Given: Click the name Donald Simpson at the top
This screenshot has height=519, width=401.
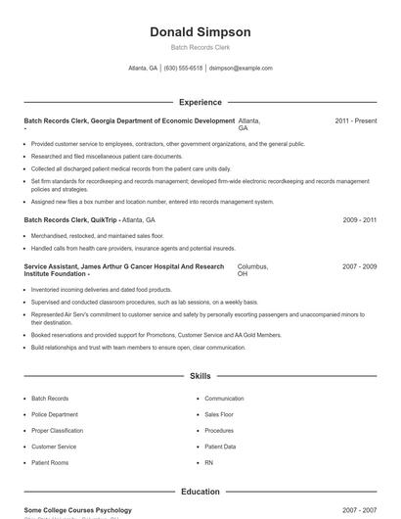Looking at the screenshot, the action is (x=200, y=31).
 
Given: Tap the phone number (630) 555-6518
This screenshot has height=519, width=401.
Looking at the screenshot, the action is (x=183, y=69).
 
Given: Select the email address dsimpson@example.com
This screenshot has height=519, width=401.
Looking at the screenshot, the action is (x=242, y=69).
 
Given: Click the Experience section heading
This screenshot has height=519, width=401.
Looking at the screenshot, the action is (x=200, y=102).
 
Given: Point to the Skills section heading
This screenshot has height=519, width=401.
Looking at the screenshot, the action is (x=200, y=375).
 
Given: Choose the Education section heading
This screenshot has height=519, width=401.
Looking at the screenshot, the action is (x=200, y=492).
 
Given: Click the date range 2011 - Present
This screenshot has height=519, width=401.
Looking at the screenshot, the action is (x=355, y=120).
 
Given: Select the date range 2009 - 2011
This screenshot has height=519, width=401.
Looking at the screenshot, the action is (x=360, y=220).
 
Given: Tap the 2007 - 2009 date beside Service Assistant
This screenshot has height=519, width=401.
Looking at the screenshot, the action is (x=360, y=266).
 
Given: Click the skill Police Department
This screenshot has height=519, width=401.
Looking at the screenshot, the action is (x=55, y=414).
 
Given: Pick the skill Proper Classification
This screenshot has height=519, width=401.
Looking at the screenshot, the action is (x=58, y=430).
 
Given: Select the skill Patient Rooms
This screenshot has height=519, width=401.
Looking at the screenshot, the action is (x=50, y=461).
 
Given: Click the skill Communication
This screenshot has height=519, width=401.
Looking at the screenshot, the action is (x=224, y=399).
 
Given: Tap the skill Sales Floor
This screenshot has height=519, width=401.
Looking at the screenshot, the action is (x=220, y=414).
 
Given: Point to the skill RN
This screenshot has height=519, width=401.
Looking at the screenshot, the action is (x=208, y=461).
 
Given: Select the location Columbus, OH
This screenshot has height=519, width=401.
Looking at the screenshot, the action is (x=251, y=270).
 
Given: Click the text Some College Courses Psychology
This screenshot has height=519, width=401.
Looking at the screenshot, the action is (x=77, y=510).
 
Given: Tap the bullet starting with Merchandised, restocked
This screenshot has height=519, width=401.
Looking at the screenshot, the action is (x=97, y=236).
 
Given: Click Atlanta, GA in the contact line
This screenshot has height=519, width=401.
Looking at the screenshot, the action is (x=143, y=69).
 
